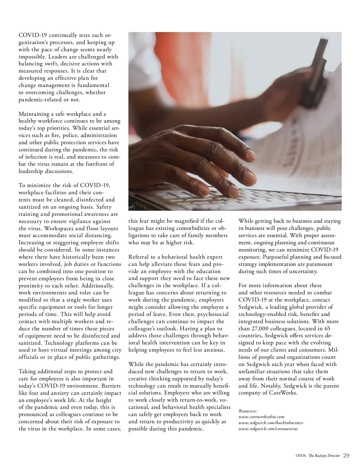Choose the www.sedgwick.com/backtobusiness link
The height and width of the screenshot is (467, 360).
coord(271,423)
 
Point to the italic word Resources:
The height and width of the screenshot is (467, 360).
coord(248,411)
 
